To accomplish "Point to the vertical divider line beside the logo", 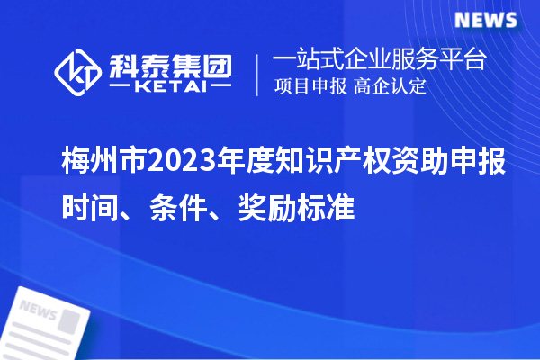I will (258, 72).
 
